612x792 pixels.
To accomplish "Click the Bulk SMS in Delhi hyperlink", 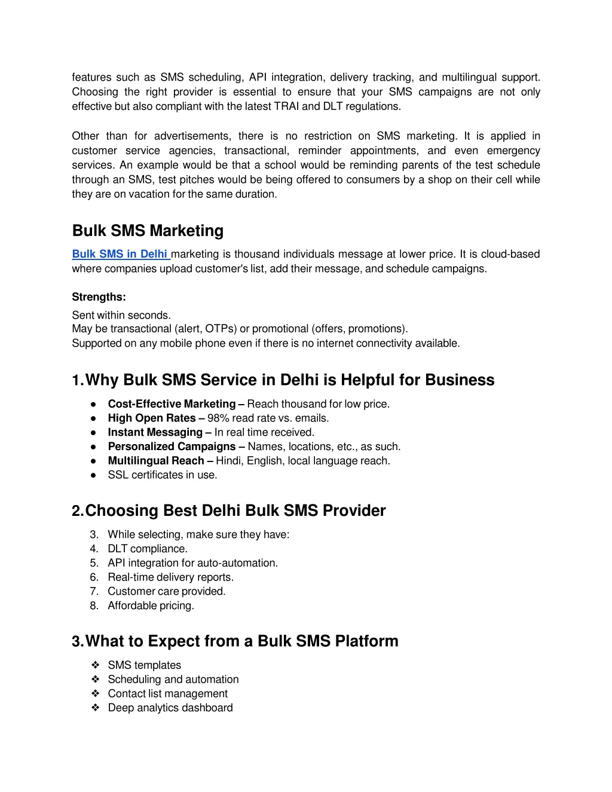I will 120,254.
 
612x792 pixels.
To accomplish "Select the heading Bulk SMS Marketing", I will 148,231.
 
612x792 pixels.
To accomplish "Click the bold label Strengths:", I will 99,297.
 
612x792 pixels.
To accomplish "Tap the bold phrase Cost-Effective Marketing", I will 172,404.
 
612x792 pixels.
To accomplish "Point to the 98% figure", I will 218,418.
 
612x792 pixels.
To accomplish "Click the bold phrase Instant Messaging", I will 155,432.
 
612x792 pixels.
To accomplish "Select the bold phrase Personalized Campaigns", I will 172,447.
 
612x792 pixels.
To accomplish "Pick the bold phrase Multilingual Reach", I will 156,461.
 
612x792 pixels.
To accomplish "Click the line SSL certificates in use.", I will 163,475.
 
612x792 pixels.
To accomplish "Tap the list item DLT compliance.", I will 148,549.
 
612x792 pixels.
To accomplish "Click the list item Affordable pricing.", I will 151,606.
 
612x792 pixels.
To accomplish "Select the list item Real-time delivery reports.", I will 170,577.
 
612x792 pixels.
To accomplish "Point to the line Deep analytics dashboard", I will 170,708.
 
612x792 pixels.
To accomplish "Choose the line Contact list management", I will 167,693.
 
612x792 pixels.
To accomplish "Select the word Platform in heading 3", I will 366,641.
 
